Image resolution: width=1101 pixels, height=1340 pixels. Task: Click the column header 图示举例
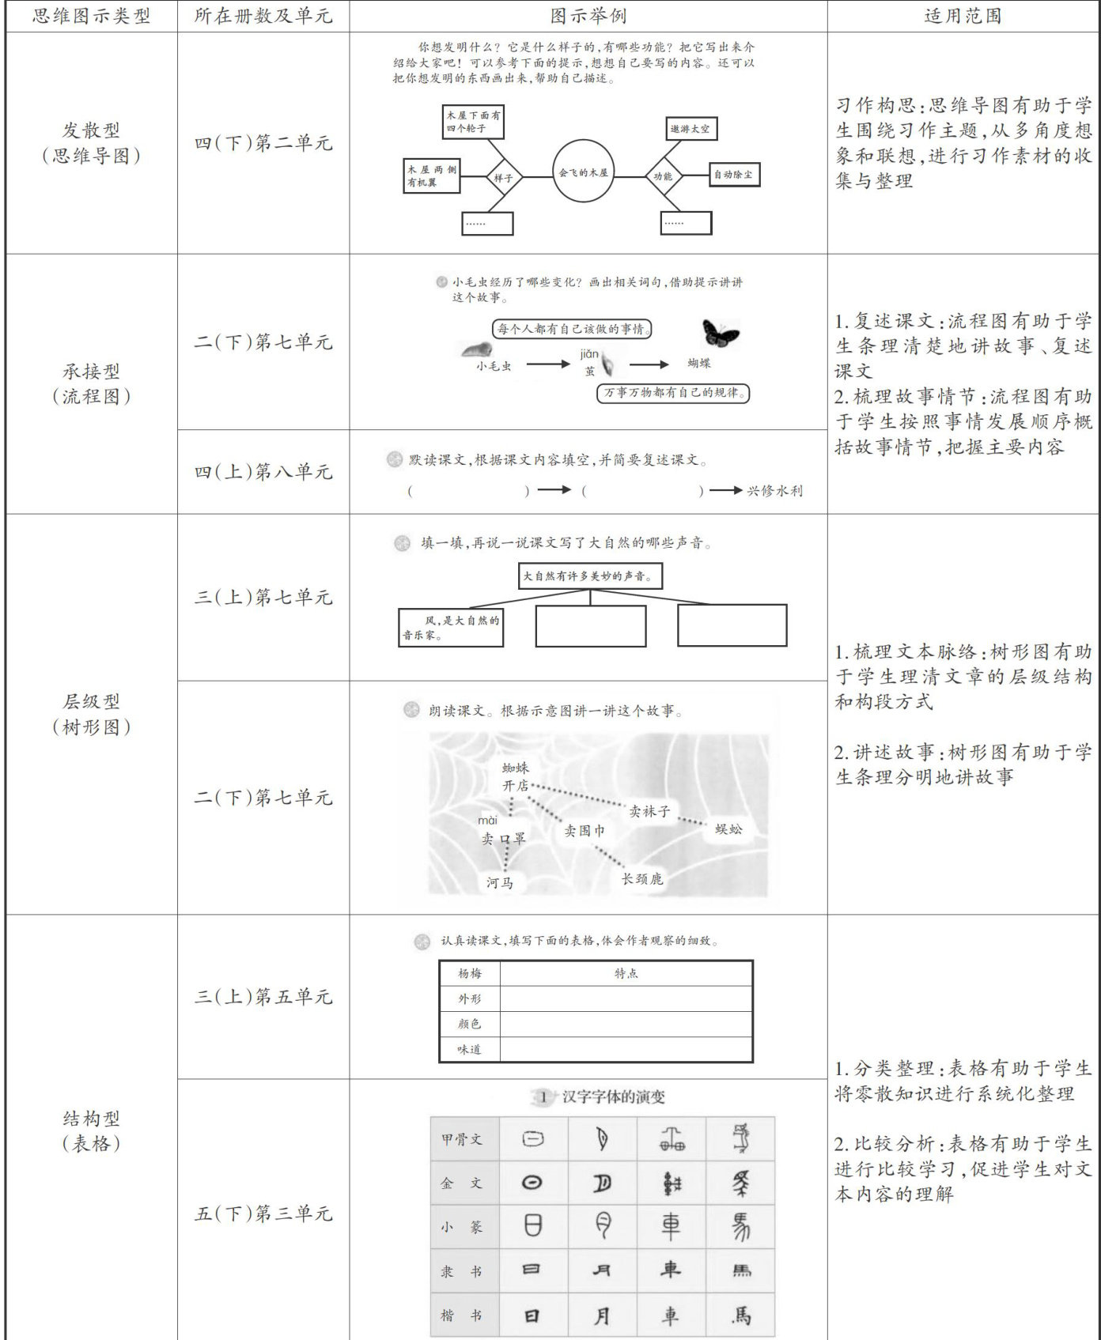pyautogui.click(x=588, y=16)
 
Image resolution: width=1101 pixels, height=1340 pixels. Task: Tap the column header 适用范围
pyautogui.click(x=963, y=16)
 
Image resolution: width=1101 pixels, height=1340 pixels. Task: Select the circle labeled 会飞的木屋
pyautogui.click(x=583, y=172)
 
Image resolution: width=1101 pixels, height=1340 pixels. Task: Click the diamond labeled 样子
pyautogui.click(x=503, y=178)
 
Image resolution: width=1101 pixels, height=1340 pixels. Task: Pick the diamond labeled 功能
pyautogui.click(x=663, y=176)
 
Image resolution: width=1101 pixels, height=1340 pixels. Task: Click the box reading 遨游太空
pyautogui.click(x=690, y=129)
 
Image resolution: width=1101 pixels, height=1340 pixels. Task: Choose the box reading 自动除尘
pyautogui.click(x=733, y=175)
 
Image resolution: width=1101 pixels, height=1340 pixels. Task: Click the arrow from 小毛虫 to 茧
pyautogui.click(x=547, y=364)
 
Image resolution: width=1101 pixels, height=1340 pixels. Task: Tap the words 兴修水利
pyautogui.click(x=774, y=491)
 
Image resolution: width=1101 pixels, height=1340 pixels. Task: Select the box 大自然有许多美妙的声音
pyautogui.click(x=590, y=576)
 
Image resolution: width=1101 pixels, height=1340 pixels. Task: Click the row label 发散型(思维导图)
pyautogui.click(x=91, y=143)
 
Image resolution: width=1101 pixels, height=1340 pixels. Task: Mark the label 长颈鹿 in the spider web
pyautogui.click(x=641, y=879)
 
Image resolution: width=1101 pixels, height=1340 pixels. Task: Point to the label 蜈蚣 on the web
pyautogui.click(x=728, y=829)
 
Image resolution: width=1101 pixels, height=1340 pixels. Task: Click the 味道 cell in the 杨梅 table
pyautogui.click(x=469, y=1049)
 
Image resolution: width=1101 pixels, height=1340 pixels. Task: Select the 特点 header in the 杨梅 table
pyautogui.click(x=626, y=973)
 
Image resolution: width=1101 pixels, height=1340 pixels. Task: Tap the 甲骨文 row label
pyautogui.click(x=462, y=1139)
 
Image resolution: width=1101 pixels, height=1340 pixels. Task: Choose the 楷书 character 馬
pyautogui.click(x=740, y=1315)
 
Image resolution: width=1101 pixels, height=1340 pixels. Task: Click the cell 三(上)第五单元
pyautogui.click(x=263, y=997)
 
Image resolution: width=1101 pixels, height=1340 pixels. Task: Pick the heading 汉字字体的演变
pyautogui.click(x=613, y=1097)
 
